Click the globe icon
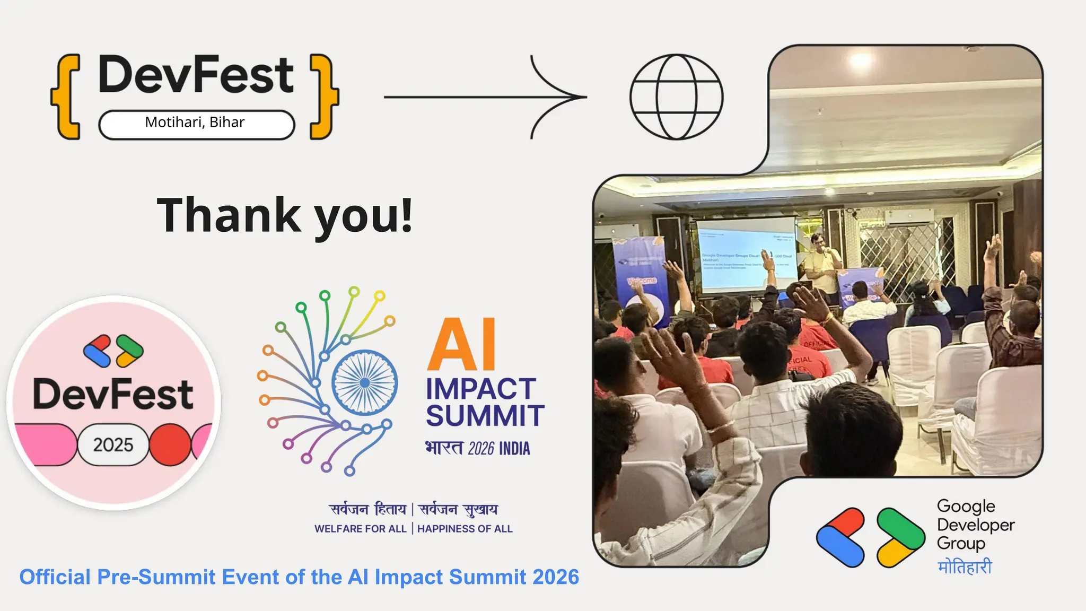pyautogui.click(x=676, y=97)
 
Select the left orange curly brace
pyautogui.click(x=66, y=97)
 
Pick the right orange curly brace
pyautogui.click(x=324, y=97)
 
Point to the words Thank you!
pyautogui.click(x=285, y=215)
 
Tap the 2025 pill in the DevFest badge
pyautogui.click(x=113, y=444)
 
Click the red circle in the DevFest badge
pyautogui.click(x=170, y=444)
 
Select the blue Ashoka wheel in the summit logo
pyautogui.click(x=365, y=382)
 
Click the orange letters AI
pyautogui.click(x=461, y=345)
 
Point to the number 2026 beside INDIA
pyautogui.click(x=481, y=449)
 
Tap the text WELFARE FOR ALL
pyautogui.click(x=360, y=529)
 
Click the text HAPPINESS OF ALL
pyautogui.click(x=465, y=529)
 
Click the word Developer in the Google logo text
pyautogui.click(x=975, y=525)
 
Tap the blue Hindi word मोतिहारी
pyautogui.click(x=965, y=567)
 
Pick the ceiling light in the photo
pyautogui.click(x=860, y=60)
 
